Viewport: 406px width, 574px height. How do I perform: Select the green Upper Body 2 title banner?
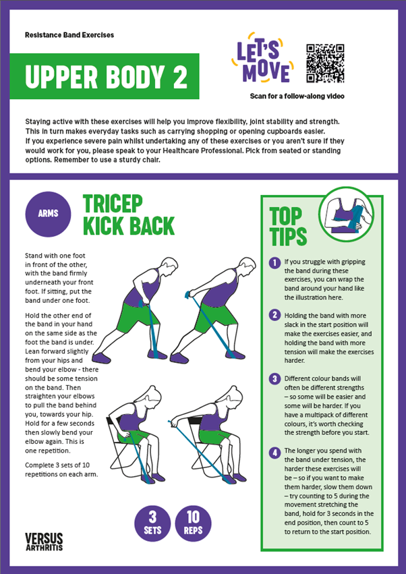tap(104, 76)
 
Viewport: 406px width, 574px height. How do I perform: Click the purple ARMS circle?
tap(48, 214)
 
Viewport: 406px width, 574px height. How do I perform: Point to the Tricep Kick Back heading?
tap(128, 215)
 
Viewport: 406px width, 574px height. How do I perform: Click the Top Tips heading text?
tap(288, 227)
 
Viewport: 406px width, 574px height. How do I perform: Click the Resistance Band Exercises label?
tap(69, 34)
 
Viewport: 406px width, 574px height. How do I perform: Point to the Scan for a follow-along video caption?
tap(297, 96)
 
